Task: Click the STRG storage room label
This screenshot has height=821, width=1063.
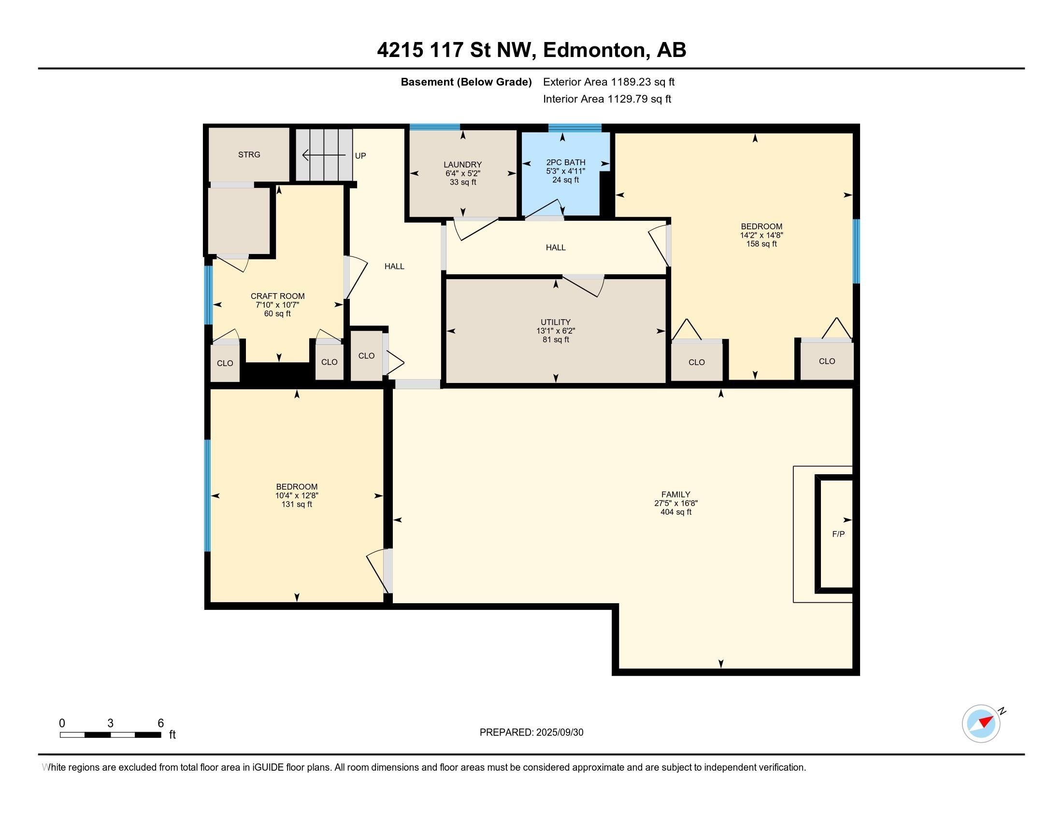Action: (x=249, y=155)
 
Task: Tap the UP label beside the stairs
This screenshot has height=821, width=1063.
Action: (x=360, y=156)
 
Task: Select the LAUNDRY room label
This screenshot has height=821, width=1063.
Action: (x=462, y=165)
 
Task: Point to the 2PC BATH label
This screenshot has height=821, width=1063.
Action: (x=566, y=162)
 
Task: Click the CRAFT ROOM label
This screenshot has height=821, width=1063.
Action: (x=277, y=296)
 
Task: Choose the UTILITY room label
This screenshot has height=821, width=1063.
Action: (x=555, y=322)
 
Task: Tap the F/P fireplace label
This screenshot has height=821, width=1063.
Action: (x=838, y=534)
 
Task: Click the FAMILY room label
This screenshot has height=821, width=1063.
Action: (x=675, y=495)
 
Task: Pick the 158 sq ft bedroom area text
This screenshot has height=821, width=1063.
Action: (x=761, y=244)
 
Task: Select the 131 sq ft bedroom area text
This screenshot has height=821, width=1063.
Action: (x=296, y=504)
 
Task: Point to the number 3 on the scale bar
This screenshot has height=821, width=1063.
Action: (x=111, y=723)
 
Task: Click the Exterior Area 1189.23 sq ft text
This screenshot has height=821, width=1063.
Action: (x=609, y=82)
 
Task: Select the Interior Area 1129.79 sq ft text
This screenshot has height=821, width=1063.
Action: (x=607, y=99)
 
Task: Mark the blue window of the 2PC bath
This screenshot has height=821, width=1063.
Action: (x=575, y=128)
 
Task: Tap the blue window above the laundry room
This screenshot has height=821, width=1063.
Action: (x=435, y=127)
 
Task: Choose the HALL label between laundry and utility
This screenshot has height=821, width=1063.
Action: (x=555, y=248)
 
